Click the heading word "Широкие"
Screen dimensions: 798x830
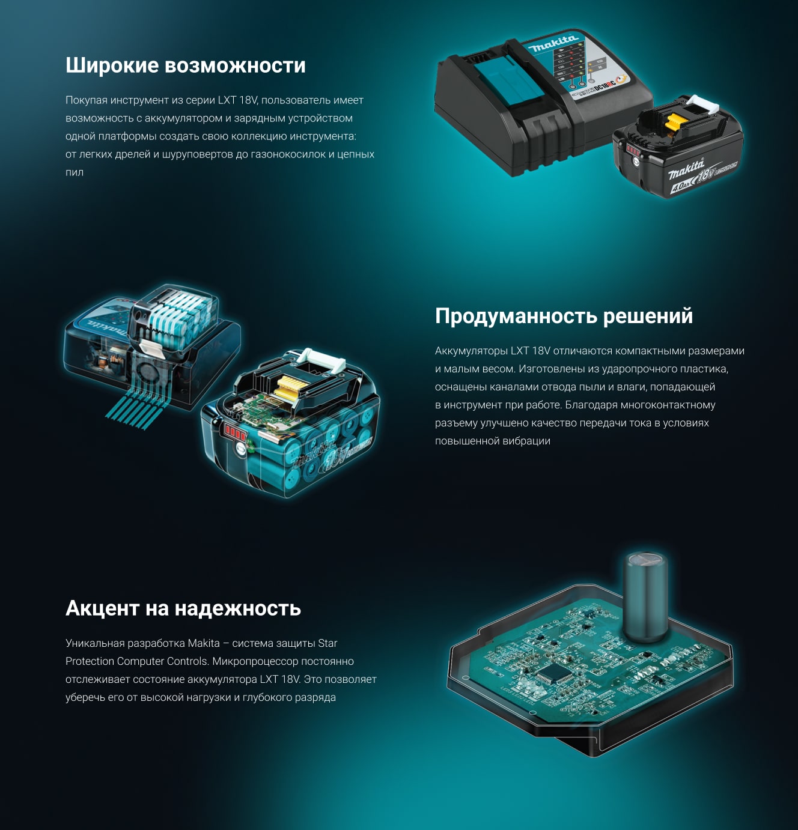[111, 65]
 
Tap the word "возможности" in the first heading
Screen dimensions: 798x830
[235, 65]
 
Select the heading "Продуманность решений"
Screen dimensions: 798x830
[564, 317]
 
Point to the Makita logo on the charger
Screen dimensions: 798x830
[553, 43]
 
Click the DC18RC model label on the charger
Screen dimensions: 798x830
[606, 85]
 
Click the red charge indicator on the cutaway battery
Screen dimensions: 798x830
[233, 432]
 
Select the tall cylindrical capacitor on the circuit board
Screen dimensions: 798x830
[644, 597]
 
